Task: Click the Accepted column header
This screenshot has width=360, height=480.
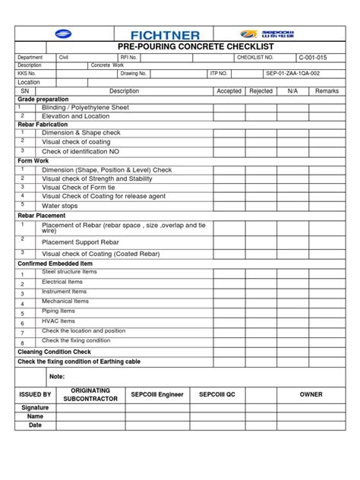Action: [x=229, y=90]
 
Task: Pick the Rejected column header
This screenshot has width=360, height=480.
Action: [x=261, y=90]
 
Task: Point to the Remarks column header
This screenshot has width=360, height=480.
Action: [x=327, y=90]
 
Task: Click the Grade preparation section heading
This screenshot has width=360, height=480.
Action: [x=43, y=99]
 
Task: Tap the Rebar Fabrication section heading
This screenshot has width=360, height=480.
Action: [x=43, y=124]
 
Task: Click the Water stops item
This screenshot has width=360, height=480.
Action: [x=61, y=205]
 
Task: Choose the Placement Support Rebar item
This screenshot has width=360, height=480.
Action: [x=81, y=242]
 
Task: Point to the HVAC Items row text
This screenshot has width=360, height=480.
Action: [x=58, y=321]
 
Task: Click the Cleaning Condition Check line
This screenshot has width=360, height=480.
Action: [x=54, y=352]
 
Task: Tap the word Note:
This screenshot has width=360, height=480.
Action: [x=57, y=377]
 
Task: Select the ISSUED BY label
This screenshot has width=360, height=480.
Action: [x=35, y=394]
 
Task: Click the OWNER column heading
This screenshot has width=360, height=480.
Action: [x=311, y=394]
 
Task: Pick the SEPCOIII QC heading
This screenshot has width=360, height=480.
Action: [x=217, y=394]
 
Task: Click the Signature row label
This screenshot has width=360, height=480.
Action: [x=35, y=408]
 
